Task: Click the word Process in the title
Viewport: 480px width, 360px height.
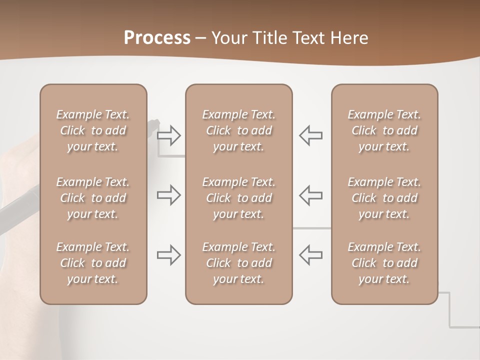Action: click(x=157, y=37)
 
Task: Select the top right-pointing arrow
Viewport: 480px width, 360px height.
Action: click(x=169, y=135)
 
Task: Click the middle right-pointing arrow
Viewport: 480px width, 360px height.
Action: click(x=169, y=195)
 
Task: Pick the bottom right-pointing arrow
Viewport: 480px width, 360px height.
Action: click(x=169, y=255)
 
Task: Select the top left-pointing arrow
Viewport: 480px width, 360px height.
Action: click(x=310, y=135)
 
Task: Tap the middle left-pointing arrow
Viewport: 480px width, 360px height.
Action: click(x=310, y=195)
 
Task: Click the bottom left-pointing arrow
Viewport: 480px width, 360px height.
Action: click(x=310, y=255)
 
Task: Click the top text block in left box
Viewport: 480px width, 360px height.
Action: click(x=93, y=130)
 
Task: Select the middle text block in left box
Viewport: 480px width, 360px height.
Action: click(x=93, y=198)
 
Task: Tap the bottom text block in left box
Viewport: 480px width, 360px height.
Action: click(x=93, y=263)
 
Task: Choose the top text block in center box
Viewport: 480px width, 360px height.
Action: click(x=238, y=130)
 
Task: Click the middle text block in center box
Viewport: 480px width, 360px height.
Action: click(x=238, y=198)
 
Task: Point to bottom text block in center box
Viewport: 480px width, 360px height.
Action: click(x=238, y=263)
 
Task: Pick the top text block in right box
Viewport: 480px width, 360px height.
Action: click(x=384, y=130)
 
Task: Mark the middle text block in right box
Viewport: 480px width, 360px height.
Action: click(x=384, y=198)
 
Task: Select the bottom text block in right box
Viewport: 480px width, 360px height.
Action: click(x=384, y=263)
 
